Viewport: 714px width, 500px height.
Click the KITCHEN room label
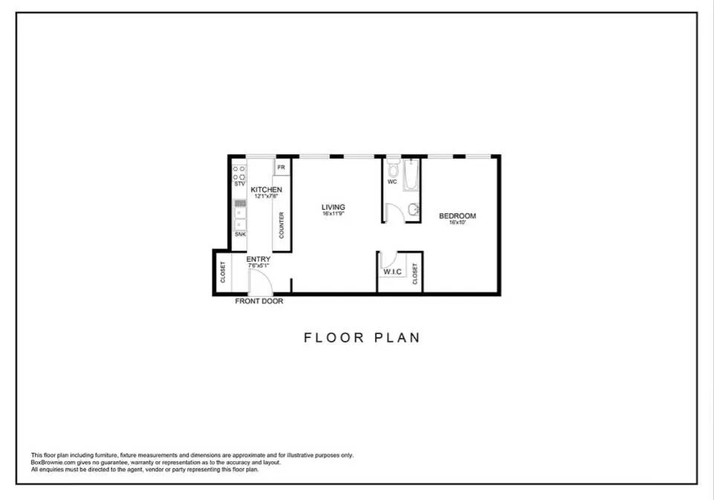tap(266, 190)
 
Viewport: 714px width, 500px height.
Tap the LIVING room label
tap(333, 207)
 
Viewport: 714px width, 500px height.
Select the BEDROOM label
tap(457, 217)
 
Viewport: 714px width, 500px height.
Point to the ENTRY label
tap(258, 259)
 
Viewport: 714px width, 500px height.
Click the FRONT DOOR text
tap(259, 301)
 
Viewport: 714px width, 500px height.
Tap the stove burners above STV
tap(239, 173)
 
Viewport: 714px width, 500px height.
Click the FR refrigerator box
tap(281, 167)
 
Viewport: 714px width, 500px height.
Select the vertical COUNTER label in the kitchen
tap(281, 225)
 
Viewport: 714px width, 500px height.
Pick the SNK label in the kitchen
tap(239, 234)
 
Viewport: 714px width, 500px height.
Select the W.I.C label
tap(392, 272)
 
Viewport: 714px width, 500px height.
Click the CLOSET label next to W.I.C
tap(415, 274)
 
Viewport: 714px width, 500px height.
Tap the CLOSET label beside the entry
tap(222, 272)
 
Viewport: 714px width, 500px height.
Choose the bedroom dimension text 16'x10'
tap(457, 222)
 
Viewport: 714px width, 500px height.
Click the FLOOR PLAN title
tap(361, 338)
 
